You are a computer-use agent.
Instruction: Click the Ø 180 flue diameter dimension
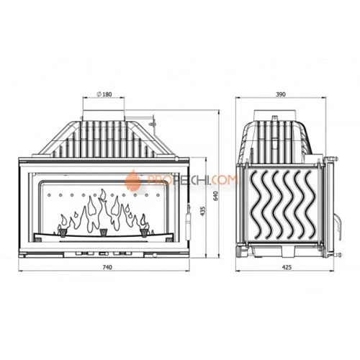(x=104, y=94)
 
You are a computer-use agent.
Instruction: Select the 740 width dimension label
(x=107, y=267)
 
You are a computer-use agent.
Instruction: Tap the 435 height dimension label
(x=203, y=211)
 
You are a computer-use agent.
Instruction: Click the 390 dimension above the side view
(x=281, y=94)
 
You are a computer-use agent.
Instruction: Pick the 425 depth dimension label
(x=287, y=267)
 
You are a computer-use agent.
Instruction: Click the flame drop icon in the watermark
(x=133, y=179)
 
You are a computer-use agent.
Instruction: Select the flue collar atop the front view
(x=104, y=115)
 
